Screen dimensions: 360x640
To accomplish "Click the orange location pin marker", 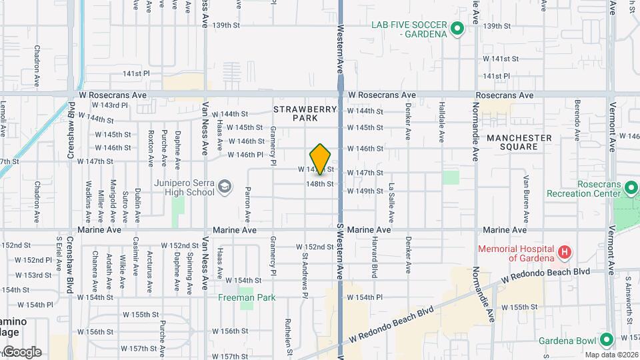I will click(x=321, y=159).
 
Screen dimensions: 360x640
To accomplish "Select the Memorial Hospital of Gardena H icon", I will click(x=565, y=253).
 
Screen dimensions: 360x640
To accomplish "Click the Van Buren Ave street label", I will click(x=526, y=199).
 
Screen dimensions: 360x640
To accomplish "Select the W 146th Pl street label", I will click(x=251, y=155).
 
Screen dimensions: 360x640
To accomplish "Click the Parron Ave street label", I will click(x=248, y=205).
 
